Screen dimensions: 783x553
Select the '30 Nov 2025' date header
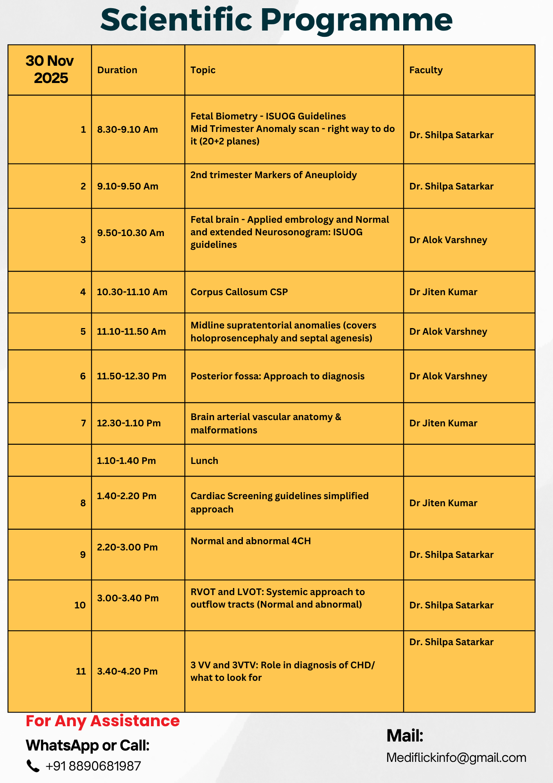coord(50,69)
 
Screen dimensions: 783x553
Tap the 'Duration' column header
coord(117,70)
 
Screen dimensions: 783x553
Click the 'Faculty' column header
coord(426,70)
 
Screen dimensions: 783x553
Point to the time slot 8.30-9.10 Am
coord(127,130)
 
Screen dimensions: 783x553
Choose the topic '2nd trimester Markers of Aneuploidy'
coord(273,175)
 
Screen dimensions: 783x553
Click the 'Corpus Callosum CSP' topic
coord(239,292)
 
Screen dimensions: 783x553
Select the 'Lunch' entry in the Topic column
coord(204,461)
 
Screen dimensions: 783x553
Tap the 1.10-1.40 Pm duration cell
coord(126,461)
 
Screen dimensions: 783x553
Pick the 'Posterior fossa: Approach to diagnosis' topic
coord(277,376)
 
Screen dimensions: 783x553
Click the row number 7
coord(83,423)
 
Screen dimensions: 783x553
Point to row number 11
coord(81,671)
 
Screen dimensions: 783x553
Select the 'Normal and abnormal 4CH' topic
coord(250,541)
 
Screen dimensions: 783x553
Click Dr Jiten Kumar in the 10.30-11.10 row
coord(443,292)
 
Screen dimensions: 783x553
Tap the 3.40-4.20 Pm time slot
coord(127,671)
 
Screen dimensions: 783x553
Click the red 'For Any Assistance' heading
coord(102,721)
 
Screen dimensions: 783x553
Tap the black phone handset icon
coord(33,766)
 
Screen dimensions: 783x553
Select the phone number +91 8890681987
coord(93,766)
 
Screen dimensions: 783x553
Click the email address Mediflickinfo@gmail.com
coord(456,758)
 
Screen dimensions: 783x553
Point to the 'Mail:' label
coord(405,736)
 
